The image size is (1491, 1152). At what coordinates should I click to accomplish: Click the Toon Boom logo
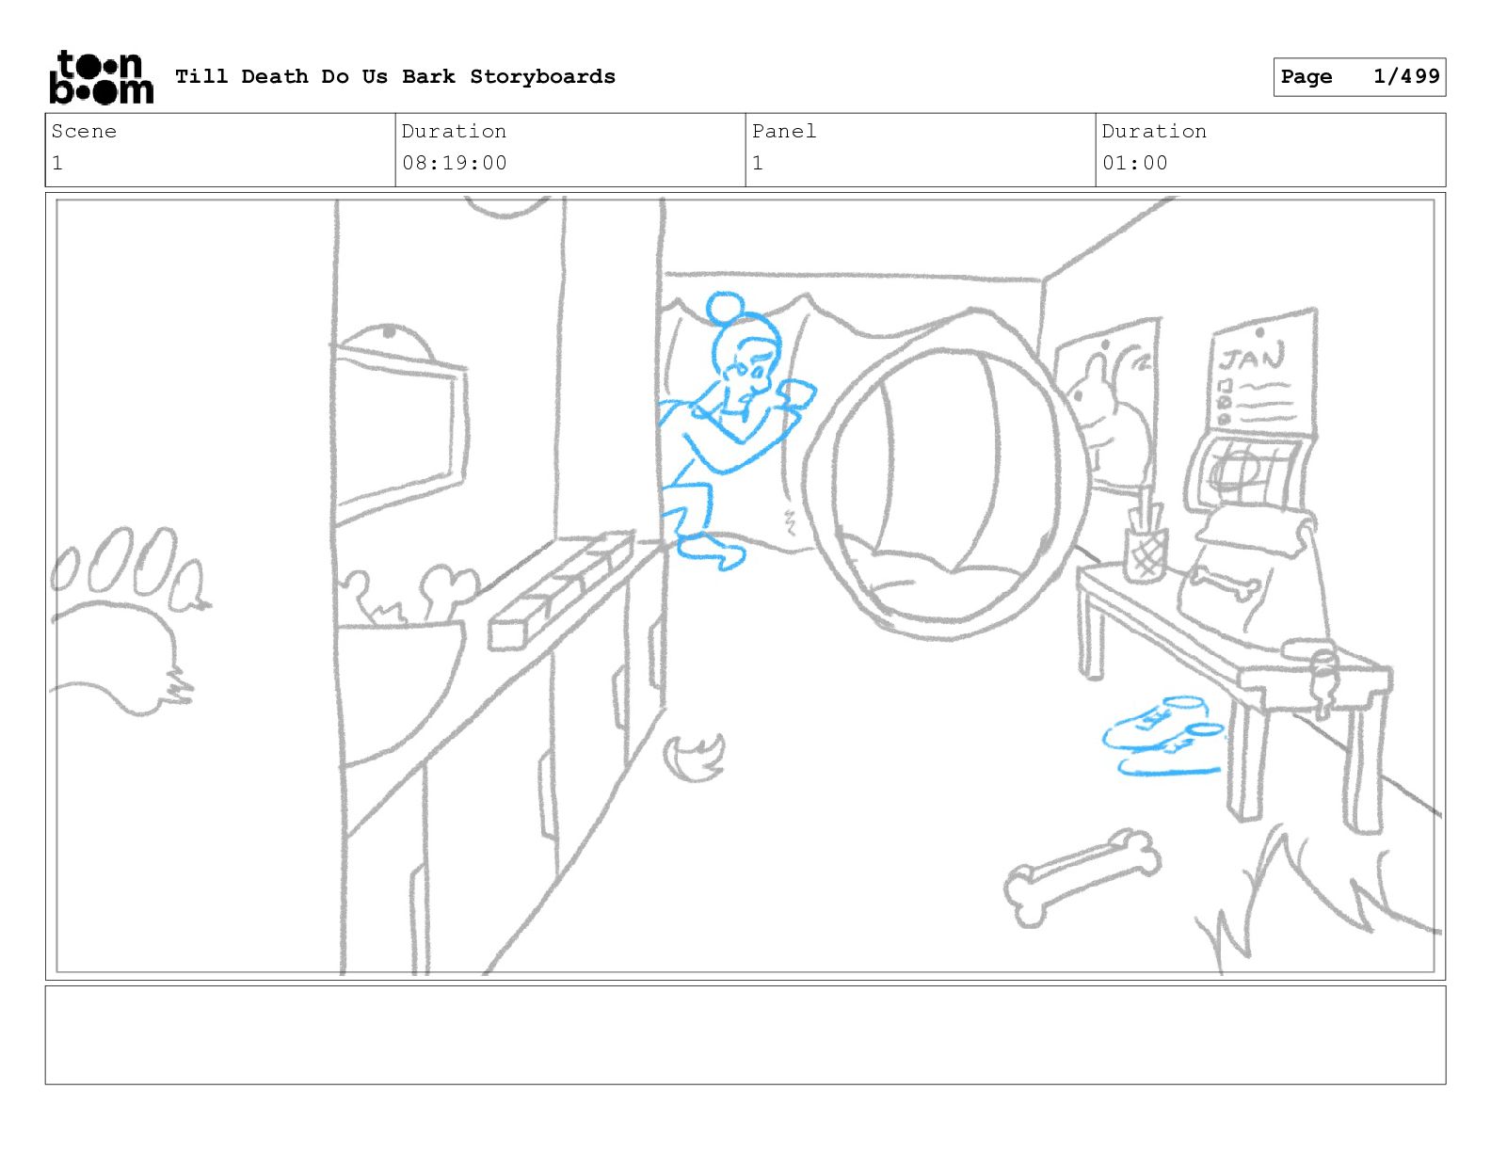(102, 77)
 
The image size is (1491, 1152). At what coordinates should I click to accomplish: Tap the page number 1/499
(1406, 76)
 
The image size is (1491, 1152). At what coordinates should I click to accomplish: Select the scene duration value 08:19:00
(455, 164)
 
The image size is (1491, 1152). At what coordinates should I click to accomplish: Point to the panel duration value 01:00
(1135, 164)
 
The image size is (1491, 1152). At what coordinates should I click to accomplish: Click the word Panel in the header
(783, 131)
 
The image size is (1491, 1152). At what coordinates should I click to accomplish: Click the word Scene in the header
(84, 131)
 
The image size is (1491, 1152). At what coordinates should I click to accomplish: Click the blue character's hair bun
(725, 307)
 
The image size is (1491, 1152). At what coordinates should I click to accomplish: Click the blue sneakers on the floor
(1164, 735)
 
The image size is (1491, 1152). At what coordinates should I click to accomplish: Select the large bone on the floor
(1082, 879)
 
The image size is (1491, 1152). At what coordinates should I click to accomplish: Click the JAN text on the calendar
(1252, 358)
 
